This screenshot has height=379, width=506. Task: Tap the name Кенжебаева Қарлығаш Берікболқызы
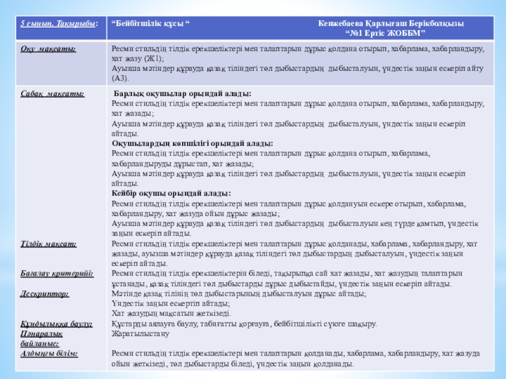pyautogui.click(x=391, y=23)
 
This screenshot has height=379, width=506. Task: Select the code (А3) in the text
pyautogui.click(x=120, y=78)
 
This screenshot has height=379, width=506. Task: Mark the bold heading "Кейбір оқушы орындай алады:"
pyautogui.click(x=171, y=193)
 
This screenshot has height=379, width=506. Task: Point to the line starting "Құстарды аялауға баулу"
pyautogui.click(x=244, y=323)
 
